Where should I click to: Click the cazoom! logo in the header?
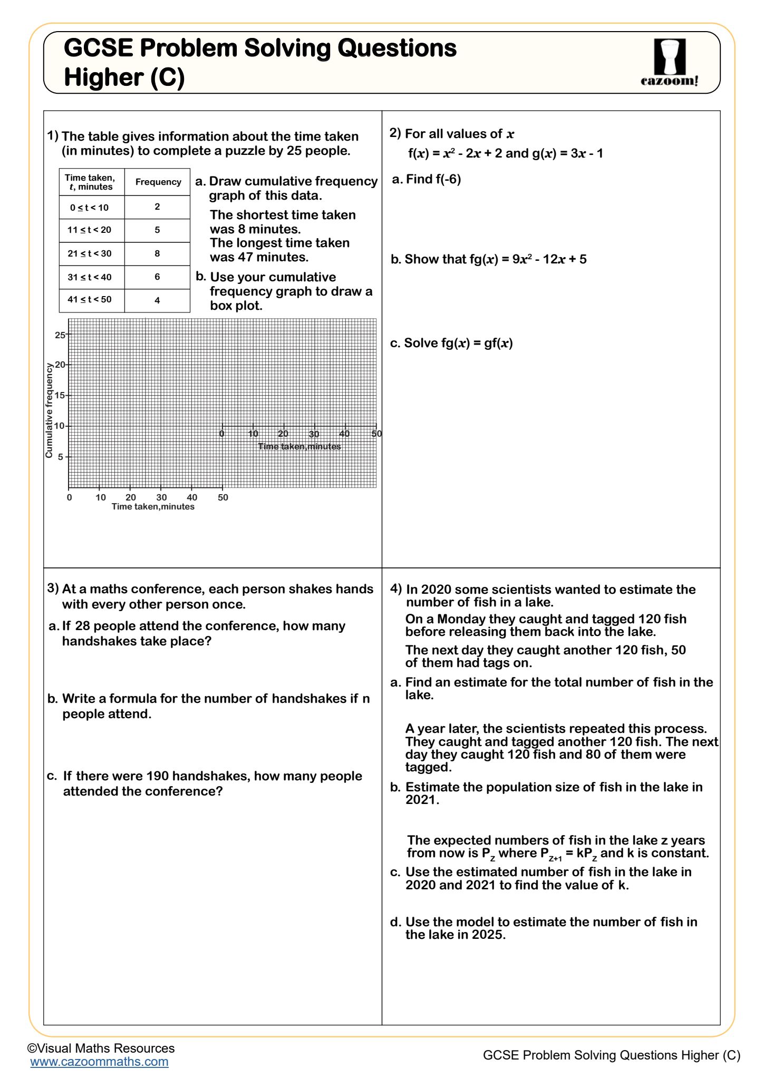(670, 63)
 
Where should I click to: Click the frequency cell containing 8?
(157, 253)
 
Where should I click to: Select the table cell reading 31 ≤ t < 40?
(90, 277)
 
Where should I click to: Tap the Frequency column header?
(158, 182)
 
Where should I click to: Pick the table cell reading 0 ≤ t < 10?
(89, 208)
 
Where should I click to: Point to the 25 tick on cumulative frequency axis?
(60, 335)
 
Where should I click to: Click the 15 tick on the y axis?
(60, 395)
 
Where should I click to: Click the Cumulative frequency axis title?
(49, 410)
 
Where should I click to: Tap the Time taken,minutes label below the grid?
(153, 507)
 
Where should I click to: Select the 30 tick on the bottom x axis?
(161, 497)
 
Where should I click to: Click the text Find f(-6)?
(433, 180)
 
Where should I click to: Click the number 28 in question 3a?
(83, 626)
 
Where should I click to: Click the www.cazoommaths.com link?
(99, 1062)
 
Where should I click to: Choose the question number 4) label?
(396, 588)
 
